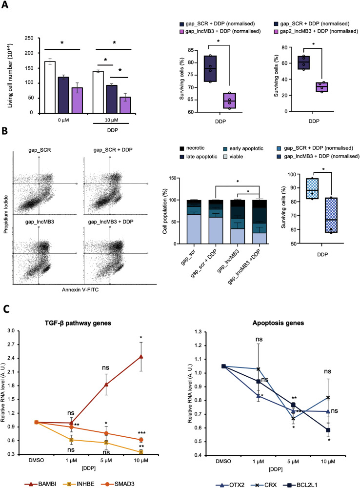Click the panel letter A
click(5, 5)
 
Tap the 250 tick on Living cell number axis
click(29, 38)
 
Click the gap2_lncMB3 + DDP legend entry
click(316, 31)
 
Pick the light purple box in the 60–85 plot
click(230, 101)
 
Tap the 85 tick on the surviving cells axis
click(191, 50)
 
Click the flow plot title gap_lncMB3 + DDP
click(110, 222)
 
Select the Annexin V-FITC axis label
click(80, 290)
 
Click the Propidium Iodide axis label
click(5, 214)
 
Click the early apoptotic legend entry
click(243, 149)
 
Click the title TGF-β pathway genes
click(78, 323)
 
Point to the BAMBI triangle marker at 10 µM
click(141, 356)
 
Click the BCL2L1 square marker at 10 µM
click(328, 430)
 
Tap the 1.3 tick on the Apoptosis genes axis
click(198, 332)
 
